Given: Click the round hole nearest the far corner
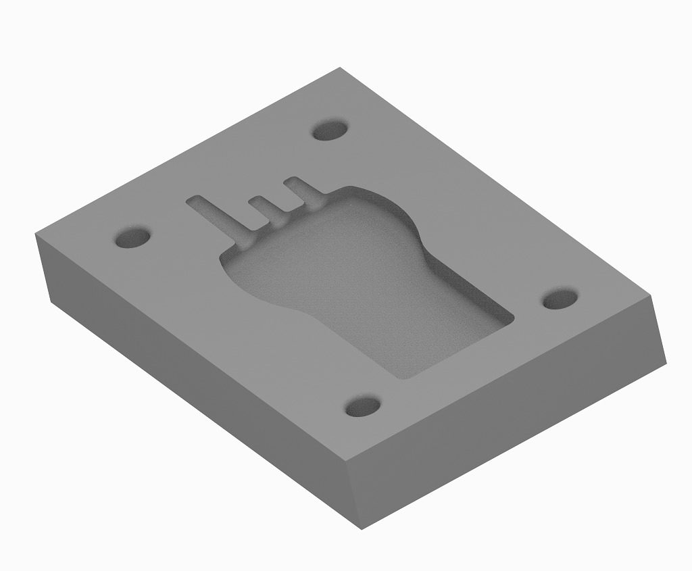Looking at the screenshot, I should click(330, 130).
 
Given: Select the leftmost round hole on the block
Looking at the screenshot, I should click(132, 238).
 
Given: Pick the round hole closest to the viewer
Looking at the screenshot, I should click(363, 407).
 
